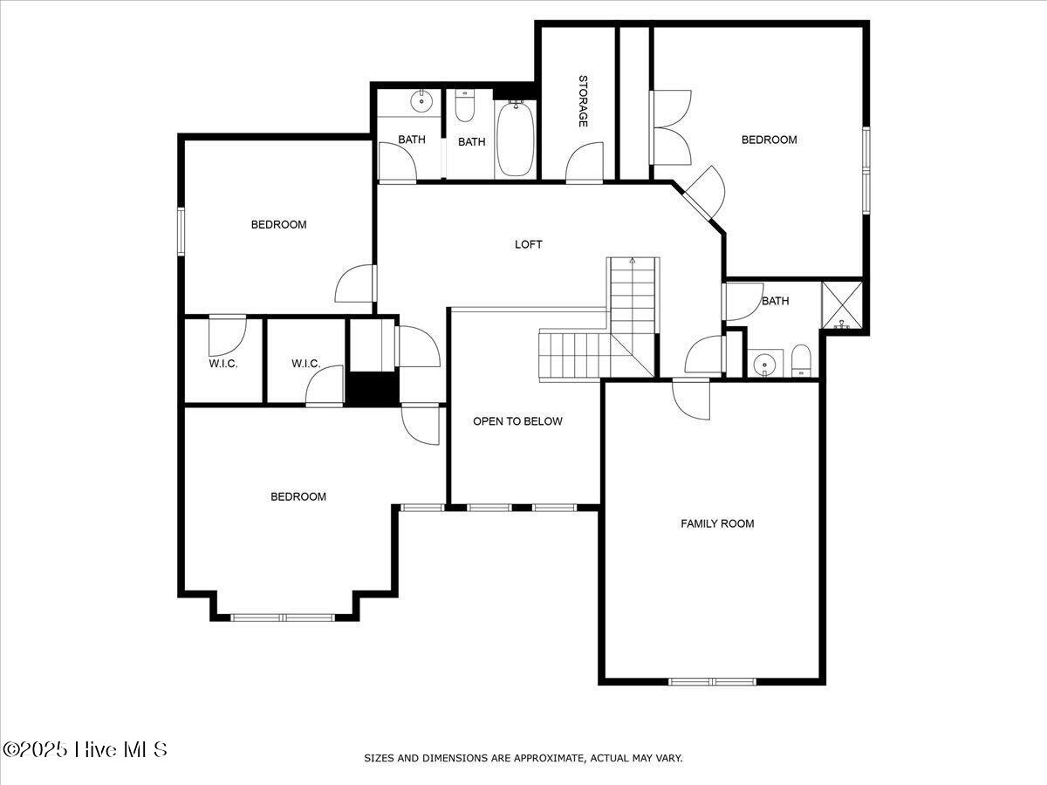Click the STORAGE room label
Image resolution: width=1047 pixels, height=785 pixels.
pos(582,101)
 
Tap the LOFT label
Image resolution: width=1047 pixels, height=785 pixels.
pos(528,244)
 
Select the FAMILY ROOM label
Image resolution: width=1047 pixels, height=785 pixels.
pos(717,523)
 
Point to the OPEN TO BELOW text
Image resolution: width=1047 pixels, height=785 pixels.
pos(517,421)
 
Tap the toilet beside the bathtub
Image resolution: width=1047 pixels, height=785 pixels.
pos(464,106)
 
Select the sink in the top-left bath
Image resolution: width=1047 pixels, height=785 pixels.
pos(422,101)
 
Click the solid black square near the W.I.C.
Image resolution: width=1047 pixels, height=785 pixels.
pos(372,388)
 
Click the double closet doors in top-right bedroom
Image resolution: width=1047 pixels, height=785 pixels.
pos(670,127)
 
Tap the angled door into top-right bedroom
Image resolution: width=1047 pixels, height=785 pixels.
pos(705,192)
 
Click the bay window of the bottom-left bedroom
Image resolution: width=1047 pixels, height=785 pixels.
pos(283,618)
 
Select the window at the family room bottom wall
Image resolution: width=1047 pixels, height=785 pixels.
pos(712,681)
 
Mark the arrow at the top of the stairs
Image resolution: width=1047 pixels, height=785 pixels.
pos(633,261)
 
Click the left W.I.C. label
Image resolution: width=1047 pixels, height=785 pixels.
pos(223,364)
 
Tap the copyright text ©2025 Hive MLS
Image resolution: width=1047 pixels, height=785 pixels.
pos(85,749)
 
